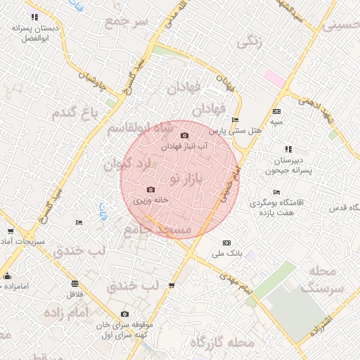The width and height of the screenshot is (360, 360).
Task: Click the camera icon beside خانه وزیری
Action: [150, 190]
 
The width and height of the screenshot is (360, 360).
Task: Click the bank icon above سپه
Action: [277, 111]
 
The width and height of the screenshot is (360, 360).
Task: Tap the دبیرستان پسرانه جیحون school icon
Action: [288, 149]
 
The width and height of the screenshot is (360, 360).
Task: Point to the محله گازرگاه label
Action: [222, 343]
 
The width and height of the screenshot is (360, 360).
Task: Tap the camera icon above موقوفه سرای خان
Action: [124, 314]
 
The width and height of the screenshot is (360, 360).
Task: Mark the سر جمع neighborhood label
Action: [127, 22]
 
